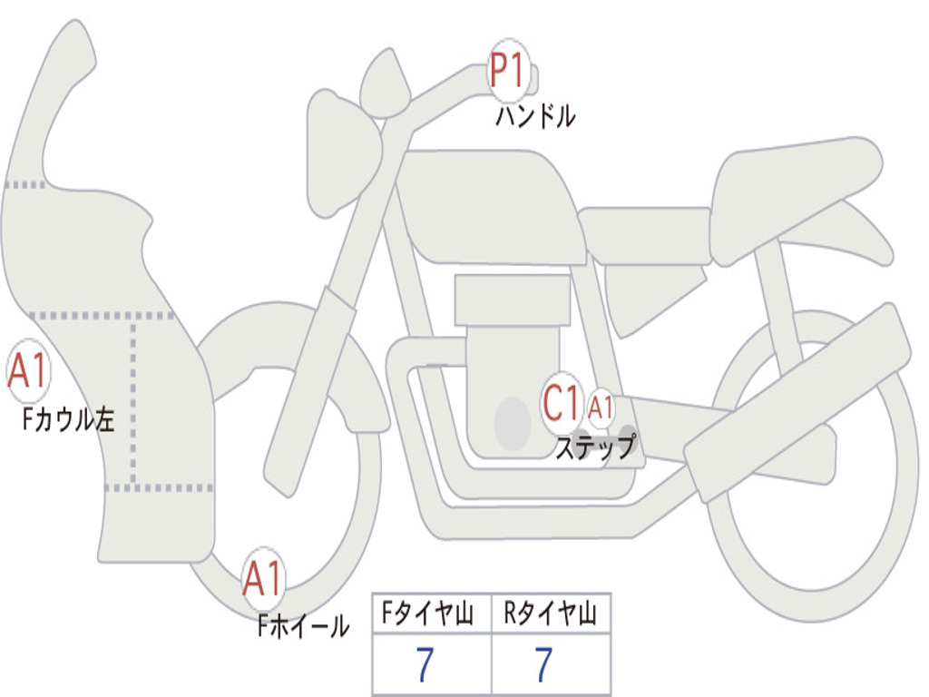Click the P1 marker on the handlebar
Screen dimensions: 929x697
509,71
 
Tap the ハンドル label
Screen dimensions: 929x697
535,116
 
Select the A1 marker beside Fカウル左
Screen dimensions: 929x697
27,371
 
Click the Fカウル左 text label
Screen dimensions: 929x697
69,420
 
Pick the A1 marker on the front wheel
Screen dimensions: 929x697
263,578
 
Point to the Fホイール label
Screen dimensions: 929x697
303,625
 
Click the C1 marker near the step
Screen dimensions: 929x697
562,402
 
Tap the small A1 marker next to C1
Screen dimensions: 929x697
601,407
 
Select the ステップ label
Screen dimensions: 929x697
595,447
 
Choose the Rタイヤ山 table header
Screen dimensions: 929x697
551,614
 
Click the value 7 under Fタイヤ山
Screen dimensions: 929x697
425,665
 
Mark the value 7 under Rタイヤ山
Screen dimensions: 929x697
543,665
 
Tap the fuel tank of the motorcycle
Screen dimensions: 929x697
490,204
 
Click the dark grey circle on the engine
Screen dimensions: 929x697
512,423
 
